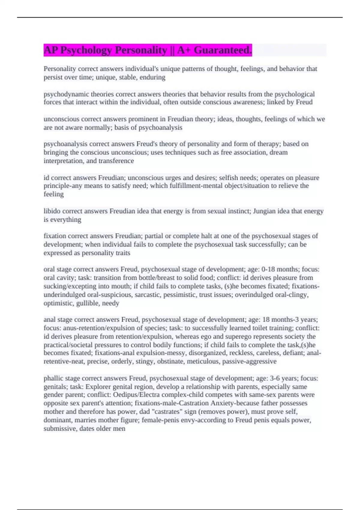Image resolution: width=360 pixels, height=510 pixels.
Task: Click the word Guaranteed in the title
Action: (x=222, y=50)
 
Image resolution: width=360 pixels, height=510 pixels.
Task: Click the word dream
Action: (x=279, y=152)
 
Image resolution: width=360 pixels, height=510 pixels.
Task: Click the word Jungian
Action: (x=264, y=211)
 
